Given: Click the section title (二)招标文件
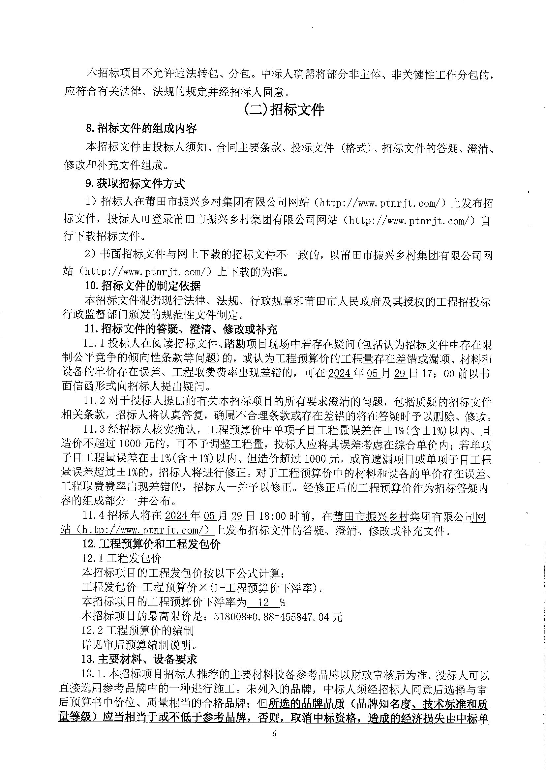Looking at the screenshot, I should (284, 109).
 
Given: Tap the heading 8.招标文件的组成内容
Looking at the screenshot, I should (141, 128).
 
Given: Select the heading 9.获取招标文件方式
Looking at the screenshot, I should (136, 184).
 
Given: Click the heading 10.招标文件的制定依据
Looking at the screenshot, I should (142, 286).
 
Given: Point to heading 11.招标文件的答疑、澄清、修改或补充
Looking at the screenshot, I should (181, 329).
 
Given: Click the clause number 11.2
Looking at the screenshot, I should (95, 402).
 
